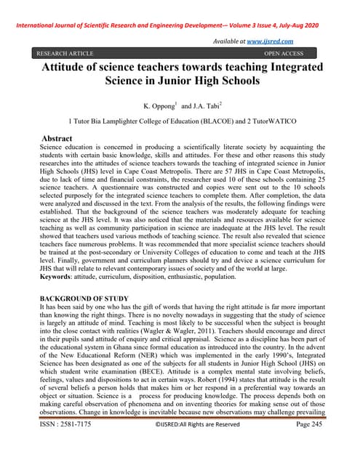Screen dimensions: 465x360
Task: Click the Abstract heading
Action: click(x=57, y=137)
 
